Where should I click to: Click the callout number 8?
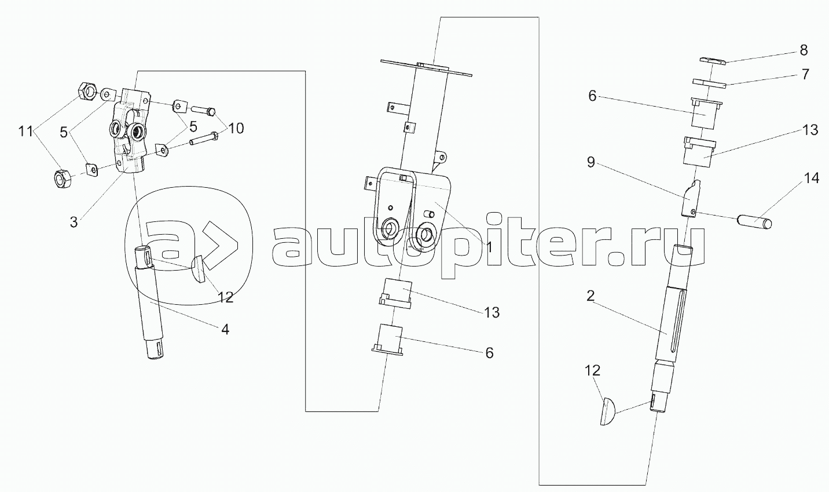(804, 50)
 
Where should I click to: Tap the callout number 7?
(805, 75)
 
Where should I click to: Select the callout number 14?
(811, 178)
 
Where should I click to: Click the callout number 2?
(590, 296)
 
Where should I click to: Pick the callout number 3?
(74, 222)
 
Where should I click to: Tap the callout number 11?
(25, 132)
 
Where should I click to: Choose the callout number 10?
(235, 127)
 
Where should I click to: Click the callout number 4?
(225, 329)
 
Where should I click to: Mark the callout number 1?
(489, 247)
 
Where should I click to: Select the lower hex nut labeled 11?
(62, 178)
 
